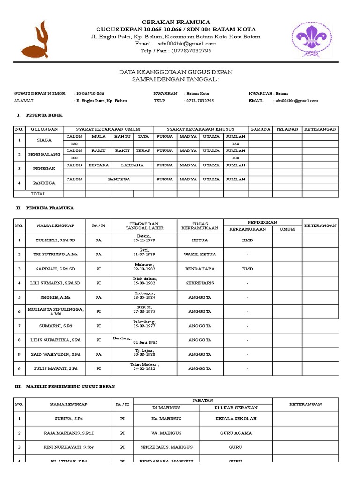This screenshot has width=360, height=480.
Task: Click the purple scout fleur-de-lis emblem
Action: tap(315, 38)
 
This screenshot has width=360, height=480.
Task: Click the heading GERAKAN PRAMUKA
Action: tap(176, 22)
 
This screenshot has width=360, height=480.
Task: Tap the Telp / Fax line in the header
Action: tap(176, 51)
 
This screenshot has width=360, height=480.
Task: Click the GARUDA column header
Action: tap(260, 129)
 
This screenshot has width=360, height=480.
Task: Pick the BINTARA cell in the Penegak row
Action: tap(98, 165)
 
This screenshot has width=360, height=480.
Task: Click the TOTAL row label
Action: tap(38, 193)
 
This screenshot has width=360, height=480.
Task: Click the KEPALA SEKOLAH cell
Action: tap(236, 418)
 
